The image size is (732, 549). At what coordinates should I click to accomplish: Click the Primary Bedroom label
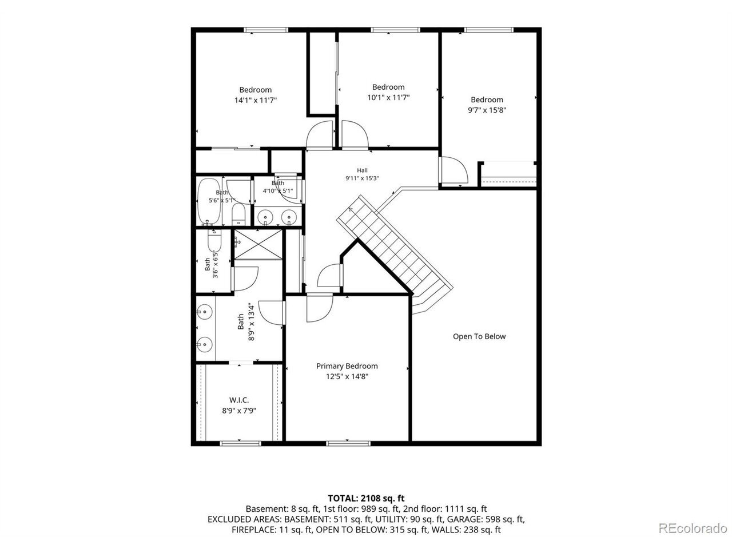click(347, 366)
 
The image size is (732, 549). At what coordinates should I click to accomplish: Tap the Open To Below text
click(479, 336)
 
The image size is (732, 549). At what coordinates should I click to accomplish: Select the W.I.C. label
click(239, 400)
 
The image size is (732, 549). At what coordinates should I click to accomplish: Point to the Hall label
click(362, 170)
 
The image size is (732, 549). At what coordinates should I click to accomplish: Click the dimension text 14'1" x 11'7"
click(256, 100)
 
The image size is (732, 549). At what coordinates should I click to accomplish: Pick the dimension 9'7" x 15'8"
click(487, 110)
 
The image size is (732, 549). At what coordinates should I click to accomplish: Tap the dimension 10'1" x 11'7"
click(388, 97)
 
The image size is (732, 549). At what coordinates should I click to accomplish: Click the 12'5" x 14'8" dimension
click(347, 377)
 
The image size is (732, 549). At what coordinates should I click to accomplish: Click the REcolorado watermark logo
click(693, 528)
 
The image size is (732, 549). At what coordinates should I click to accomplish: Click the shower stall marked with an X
click(258, 244)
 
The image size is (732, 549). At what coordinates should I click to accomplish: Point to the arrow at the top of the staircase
click(351, 210)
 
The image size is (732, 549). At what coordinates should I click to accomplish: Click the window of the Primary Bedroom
click(348, 443)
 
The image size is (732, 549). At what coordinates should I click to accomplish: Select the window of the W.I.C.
click(240, 443)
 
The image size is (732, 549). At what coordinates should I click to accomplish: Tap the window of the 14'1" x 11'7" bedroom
click(265, 30)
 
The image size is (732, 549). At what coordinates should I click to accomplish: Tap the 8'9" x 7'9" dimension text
click(239, 411)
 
